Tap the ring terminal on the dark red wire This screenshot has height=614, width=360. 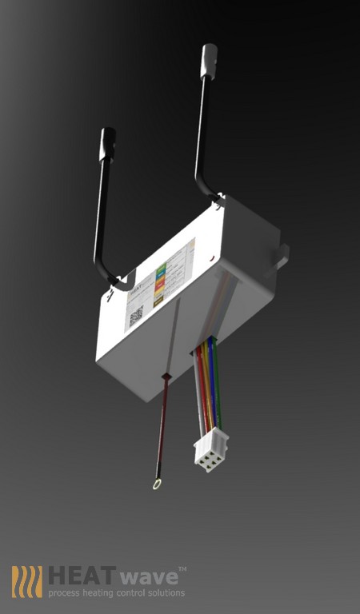[x=154, y=483]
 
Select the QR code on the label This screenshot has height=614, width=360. [x=136, y=314]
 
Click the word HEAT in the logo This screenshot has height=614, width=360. [x=77, y=576]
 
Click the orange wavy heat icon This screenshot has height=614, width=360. [x=26, y=581]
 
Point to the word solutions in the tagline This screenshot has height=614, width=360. [x=166, y=593]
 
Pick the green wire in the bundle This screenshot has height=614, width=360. [x=218, y=384]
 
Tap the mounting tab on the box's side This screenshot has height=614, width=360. [x=280, y=255]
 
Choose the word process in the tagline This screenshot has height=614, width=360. [x=62, y=593]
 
